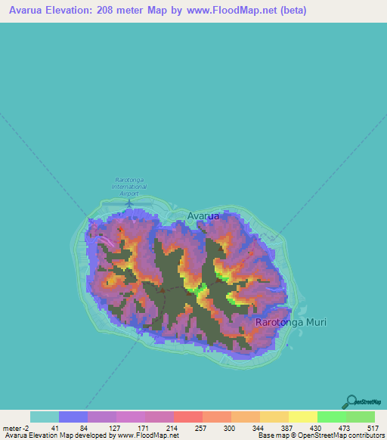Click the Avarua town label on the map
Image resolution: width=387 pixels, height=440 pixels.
click(x=203, y=215)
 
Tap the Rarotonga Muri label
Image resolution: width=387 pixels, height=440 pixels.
click(x=291, y=322)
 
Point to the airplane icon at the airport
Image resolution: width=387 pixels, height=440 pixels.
click(x=129, y=202)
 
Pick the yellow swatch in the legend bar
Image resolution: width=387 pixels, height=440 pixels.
click(x=302, y=417)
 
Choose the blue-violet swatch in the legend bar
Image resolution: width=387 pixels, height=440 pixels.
click(x=73, y=417)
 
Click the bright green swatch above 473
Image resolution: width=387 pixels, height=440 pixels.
click(x=331, y=417)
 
